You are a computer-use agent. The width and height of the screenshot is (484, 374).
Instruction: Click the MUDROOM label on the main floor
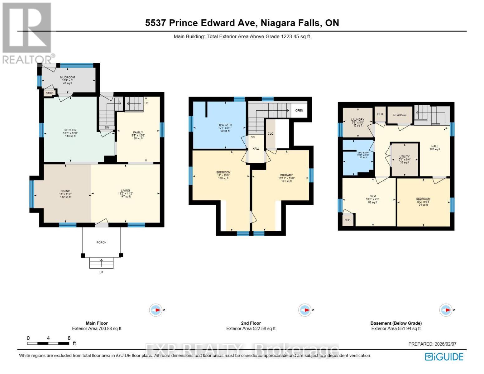click(68, 77)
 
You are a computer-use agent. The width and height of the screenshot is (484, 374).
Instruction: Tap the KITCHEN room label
click(70, 130)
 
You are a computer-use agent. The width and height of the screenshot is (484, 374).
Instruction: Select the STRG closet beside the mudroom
click(50, 93)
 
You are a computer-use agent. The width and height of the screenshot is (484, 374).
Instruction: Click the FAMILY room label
click(138, 132)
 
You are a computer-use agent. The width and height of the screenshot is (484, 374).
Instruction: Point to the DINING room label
click(65, 191)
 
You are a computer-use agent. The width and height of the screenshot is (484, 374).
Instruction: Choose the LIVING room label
click(126, 190)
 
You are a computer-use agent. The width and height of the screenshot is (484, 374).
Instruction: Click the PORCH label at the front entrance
click(101, 242)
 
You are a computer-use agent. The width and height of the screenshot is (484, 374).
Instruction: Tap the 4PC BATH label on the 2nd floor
click(225, 125)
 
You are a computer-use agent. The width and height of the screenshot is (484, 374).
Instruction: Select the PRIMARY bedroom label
click(286, 175)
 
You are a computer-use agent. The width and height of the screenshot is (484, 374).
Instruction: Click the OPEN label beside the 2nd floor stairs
click(299, 110)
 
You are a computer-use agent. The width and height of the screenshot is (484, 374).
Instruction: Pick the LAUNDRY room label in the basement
click(357, 119)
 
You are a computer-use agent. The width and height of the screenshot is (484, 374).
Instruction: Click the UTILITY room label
click(405, 156)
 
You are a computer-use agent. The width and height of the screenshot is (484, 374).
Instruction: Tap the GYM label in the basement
click(372, 196)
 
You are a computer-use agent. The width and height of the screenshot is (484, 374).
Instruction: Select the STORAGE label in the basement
click(400, 115)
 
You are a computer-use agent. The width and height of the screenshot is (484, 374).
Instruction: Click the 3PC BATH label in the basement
click(363, 153)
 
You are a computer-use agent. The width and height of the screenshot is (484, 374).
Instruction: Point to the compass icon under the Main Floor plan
click(156, 310)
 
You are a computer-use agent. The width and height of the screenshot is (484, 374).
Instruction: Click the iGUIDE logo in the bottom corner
click(444, 357)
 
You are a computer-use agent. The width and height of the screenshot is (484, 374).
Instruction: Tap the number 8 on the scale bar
click(69, 338)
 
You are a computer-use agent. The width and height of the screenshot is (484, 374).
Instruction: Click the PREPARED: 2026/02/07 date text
click(432, 344)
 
